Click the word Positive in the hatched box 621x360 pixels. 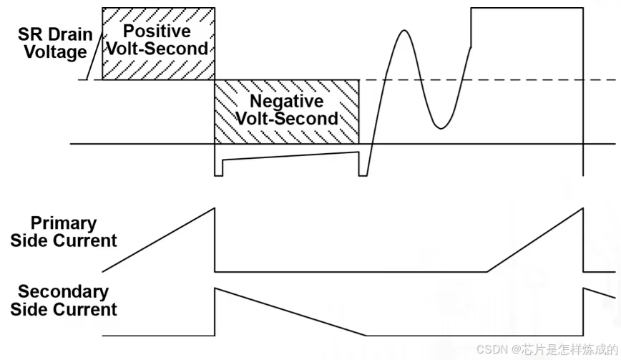coord(157,31)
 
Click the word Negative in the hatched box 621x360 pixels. coord(285,102)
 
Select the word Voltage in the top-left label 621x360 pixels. coord(56,52)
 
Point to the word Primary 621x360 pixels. coord(64,223)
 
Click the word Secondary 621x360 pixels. coord(64,292)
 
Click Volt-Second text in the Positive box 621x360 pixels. coord(157,49)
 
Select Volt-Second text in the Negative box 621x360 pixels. coord(286,118)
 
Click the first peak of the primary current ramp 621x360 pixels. coord(215,208)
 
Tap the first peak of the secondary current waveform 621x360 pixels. coord(215,288)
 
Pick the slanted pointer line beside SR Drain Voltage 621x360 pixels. coord(91,62)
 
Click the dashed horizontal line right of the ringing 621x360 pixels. coord(544,79)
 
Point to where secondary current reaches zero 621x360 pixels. coord(367,335)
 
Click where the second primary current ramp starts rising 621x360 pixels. coord(487,272)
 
